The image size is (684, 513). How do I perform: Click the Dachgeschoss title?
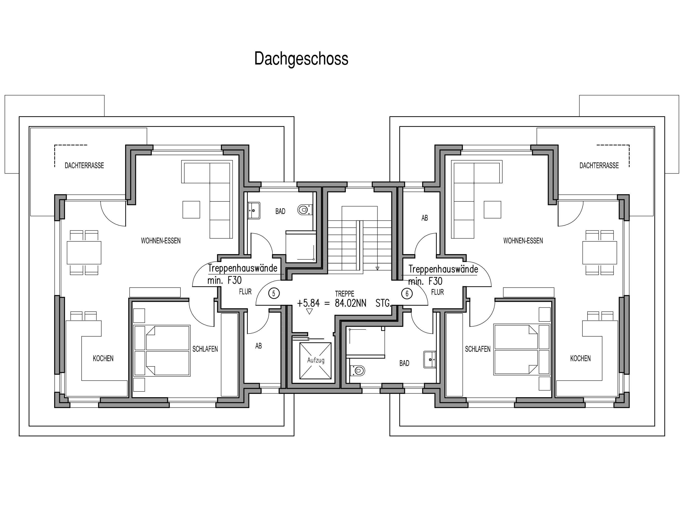[x=301, y=59]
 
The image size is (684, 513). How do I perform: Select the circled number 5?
[x=274, y=293]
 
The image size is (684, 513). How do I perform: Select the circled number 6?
[x=407, y=293]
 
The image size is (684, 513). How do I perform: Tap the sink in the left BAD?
[x=254, y=210]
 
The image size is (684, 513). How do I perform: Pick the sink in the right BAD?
[x=430, y=359]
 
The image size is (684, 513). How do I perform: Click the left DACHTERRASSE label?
[x=84, y=166]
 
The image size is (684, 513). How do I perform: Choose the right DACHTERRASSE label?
[x=599, y=166]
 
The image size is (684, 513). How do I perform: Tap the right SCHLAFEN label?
[x=478, y=349]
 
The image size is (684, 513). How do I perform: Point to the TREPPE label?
[x=345, y=294]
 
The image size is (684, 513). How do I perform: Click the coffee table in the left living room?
[x=191, y=210]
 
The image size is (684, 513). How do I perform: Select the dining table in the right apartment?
[x=600, y=253]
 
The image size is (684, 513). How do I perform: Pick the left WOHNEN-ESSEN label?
[x=161, y=241]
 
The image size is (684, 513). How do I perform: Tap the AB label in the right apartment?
[x=425, y=218]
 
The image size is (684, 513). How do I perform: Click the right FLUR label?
[x=437, y=292]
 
